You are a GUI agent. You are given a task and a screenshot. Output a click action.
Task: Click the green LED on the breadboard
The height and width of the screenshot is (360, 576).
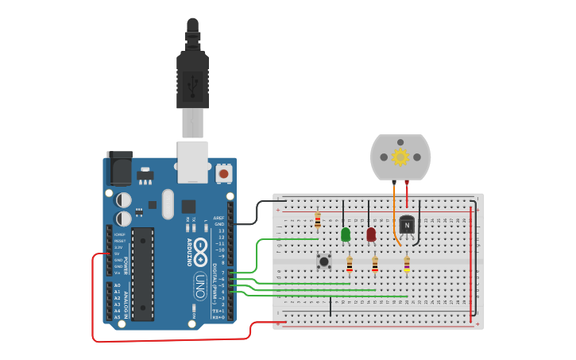(346, 234)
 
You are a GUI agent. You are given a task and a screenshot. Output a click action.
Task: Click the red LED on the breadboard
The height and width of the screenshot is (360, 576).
(371, 234)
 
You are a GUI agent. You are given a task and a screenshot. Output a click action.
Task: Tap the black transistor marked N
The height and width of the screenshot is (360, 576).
(407, 226)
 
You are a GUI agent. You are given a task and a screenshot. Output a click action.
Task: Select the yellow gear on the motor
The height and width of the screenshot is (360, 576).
(400, 157)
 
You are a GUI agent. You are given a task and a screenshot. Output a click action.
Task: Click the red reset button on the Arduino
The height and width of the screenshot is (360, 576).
(224, 172)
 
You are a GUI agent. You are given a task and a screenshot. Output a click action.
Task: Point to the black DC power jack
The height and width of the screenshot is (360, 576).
(118, 168)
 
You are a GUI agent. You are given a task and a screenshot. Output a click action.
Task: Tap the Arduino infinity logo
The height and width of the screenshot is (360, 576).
(200, 246)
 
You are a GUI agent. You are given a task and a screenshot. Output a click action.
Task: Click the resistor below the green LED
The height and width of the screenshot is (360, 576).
(349, 264)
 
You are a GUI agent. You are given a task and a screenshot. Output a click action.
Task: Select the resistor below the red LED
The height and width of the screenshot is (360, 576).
(374, 265)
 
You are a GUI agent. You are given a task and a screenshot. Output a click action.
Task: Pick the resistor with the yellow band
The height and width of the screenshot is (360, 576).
(407, 265)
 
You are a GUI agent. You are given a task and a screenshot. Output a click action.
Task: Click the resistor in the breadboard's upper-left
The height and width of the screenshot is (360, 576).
(318, 220)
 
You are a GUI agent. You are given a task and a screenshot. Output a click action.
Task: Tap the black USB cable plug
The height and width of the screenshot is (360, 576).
(192, 75)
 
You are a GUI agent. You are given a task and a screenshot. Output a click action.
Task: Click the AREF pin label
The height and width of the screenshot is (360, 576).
(219, 217)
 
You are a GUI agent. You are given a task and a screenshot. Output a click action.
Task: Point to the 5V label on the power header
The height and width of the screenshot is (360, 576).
(118, 254)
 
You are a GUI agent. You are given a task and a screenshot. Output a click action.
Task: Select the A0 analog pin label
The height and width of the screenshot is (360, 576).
(118, 285)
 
